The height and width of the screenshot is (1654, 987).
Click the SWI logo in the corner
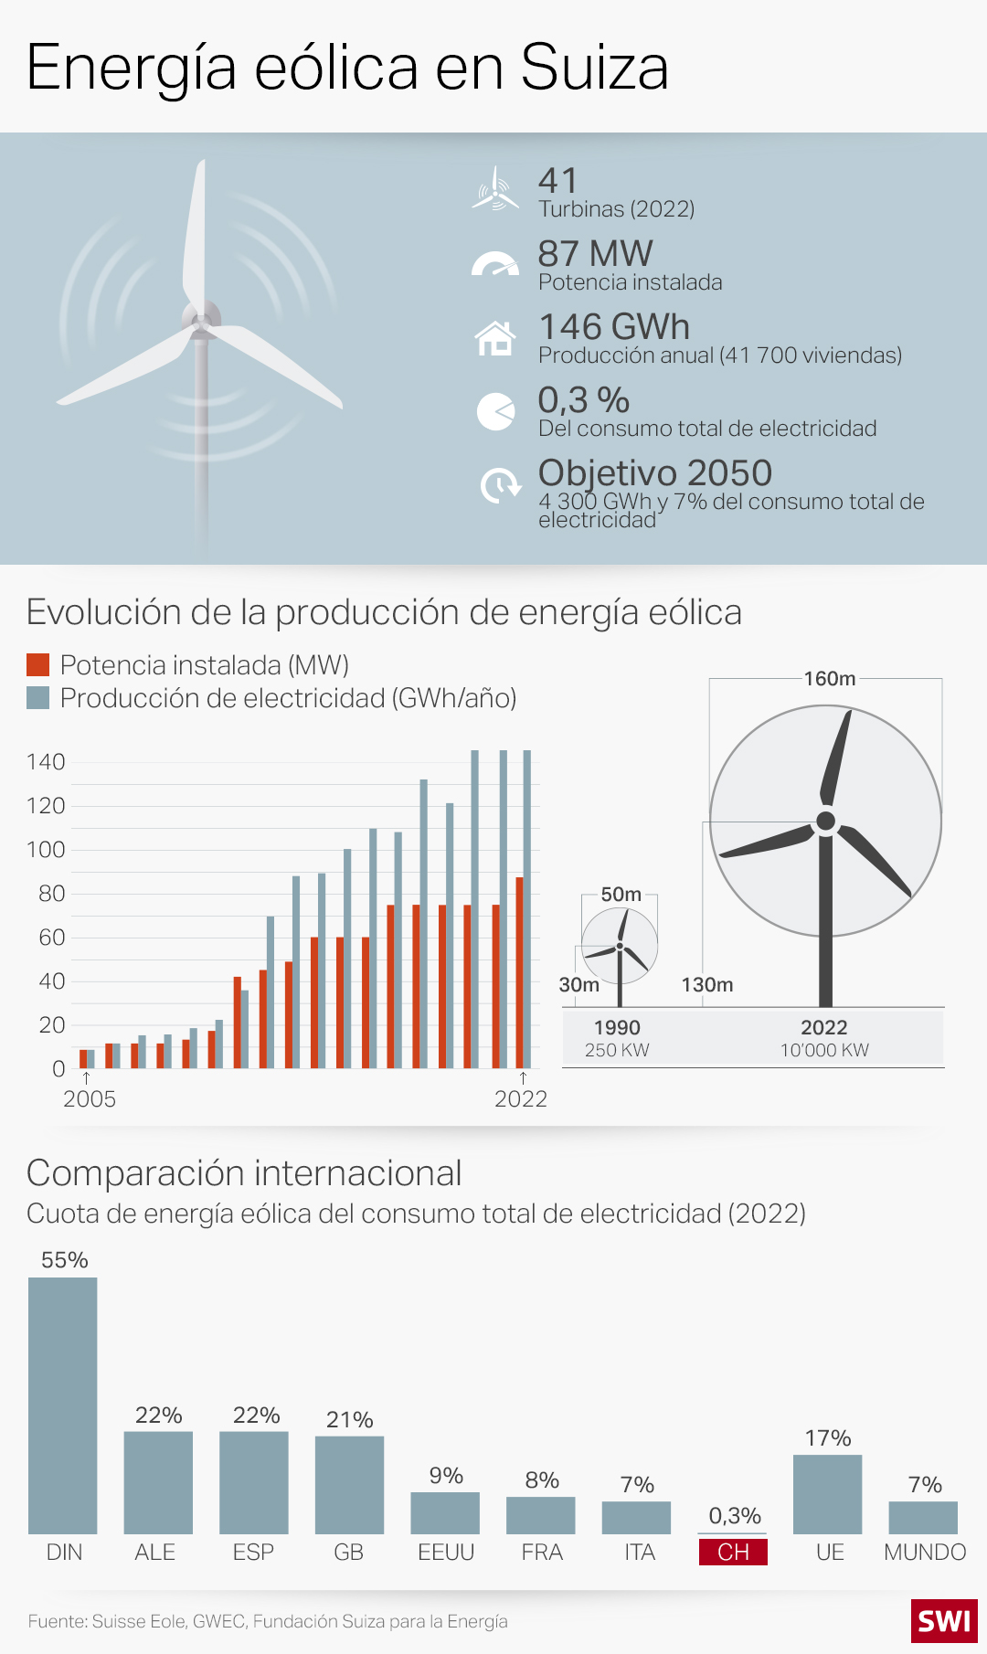pos(944,1621)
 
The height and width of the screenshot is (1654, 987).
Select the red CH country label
pos(733,1552)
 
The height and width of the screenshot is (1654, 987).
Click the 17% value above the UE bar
pos(828,1437)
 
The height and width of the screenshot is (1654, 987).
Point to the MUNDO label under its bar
pos(925,1552)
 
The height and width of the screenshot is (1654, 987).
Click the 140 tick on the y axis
pos(46,762)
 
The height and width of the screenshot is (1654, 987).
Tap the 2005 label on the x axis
pos(89,1098)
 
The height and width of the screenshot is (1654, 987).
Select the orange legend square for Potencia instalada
pos(37,665)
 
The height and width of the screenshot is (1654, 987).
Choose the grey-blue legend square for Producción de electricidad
pos(37,698)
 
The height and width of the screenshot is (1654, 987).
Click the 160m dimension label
pos(830,678)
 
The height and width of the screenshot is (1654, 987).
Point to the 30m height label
pos(579,984)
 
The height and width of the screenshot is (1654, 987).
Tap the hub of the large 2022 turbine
pos(825,821)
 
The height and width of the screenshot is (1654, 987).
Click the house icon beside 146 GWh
pos(495,338)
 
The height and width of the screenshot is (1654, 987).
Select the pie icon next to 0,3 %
pos(495,411)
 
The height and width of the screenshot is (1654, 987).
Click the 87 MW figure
pos(595,253)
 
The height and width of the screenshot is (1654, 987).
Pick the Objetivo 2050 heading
pos(654,472)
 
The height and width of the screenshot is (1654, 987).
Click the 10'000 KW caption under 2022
pos(824,1050)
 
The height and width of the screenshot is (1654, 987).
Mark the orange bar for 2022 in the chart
pos(520,972)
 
